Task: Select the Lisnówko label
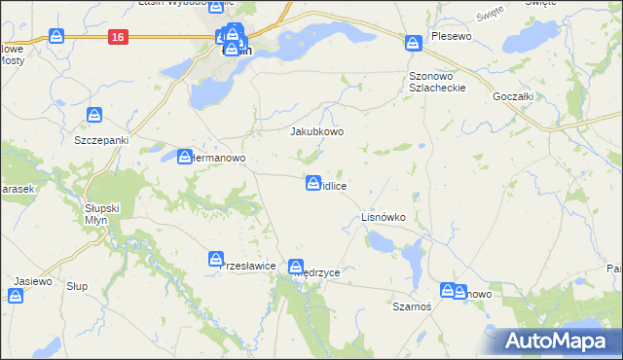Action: point(383,217)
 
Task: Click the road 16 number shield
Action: point(118,37)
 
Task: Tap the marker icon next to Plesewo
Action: point(413,43)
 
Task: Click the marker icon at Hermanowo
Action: point(185,156)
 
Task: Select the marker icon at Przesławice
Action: point(216,259)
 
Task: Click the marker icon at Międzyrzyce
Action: point(296,266)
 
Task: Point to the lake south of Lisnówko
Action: point(413,257)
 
